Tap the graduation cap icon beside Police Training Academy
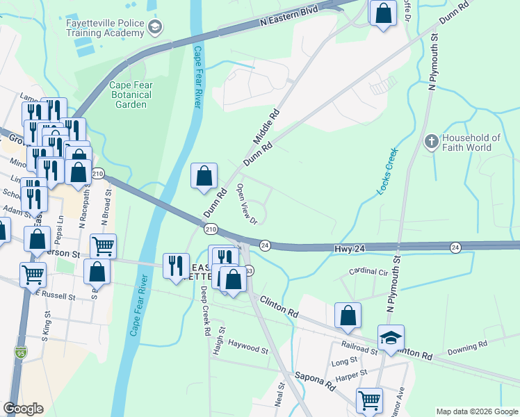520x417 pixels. click(x=155, y=28)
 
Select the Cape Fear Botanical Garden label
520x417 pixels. click(x=129, y=95)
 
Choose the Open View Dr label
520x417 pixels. click(x=246, y=204)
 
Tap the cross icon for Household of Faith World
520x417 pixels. click(x=431, y=142)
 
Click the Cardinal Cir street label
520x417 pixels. click(x=368, y=272)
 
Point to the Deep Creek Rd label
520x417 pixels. click(x=206, y=311)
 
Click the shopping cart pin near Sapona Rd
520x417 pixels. click(x=369, y=400)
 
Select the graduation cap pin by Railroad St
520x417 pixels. click(x=390, y=338)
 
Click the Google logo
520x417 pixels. click(x=23, y=409)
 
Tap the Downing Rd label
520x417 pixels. click(x=467, y=346)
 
